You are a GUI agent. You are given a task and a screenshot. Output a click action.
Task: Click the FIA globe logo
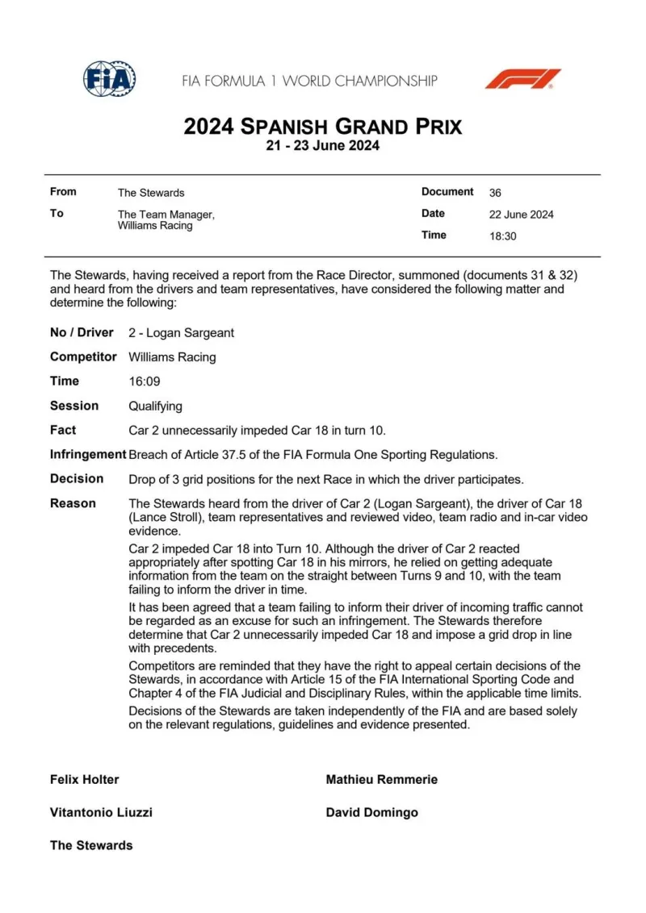[110, 79]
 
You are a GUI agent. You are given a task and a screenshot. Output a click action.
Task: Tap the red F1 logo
[522, 79]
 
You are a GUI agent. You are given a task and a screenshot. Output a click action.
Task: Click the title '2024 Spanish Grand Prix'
[323, 127]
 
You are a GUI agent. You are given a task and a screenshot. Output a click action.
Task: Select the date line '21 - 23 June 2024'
[323, 146]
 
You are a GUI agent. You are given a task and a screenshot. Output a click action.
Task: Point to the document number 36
[495, 193]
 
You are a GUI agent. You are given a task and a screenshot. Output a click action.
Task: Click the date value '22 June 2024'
[522, 215]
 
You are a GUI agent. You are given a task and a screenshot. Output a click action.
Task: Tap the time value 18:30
[502, 236]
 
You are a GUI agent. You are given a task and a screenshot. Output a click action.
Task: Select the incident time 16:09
[144, 381]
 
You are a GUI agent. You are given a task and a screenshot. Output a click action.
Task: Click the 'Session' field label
[74, 406]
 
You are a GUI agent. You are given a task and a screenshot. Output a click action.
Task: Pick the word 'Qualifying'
[155, 406]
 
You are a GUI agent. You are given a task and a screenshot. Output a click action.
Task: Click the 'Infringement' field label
[87, 455]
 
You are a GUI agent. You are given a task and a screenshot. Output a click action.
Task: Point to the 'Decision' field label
[77, 479]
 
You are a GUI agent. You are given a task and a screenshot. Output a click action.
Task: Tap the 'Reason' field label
[73, 503]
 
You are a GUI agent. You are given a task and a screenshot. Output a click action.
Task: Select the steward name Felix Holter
[84, 780]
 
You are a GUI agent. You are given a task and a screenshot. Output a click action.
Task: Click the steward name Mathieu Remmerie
[382, 780]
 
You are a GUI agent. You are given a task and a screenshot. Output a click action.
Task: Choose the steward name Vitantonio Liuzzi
[101, 812]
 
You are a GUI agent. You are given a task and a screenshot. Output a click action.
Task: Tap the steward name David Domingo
[372, 812]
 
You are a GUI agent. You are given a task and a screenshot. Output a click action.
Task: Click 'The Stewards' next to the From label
[151, 193]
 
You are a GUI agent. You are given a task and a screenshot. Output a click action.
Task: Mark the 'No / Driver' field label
[82, 332]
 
